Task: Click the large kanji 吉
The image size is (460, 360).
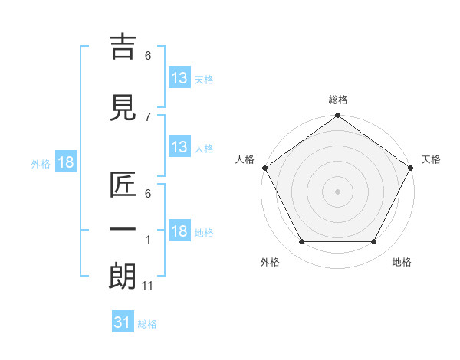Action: click(x=123, y=47)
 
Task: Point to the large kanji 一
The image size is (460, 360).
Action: click(x=123, y=229)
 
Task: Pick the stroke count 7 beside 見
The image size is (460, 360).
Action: click(x=148, y=116)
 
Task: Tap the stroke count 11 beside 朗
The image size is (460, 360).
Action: click(x=148, y=286)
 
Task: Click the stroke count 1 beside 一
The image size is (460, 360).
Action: click(x=148, y=240)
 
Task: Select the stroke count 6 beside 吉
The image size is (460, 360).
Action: click(x=148, y=56)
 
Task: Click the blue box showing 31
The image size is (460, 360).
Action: click(x=123, y=322)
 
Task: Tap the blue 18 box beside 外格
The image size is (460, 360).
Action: click(x=65, y=162)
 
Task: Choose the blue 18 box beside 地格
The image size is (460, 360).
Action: click(x=179, y=232)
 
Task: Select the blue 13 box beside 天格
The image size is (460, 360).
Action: click(x=179, y=78)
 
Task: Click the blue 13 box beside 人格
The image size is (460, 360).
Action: click(x=179, y=147)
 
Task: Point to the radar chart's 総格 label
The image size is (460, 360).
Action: click(x=337, y=100)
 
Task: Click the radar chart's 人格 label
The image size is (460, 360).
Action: click(x=245, y=159)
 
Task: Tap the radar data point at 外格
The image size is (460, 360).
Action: click(x=301, y=242)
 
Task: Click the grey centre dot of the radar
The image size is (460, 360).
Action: click(x=337, y=191)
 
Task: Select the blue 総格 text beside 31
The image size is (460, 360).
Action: click(x=147, y=324)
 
